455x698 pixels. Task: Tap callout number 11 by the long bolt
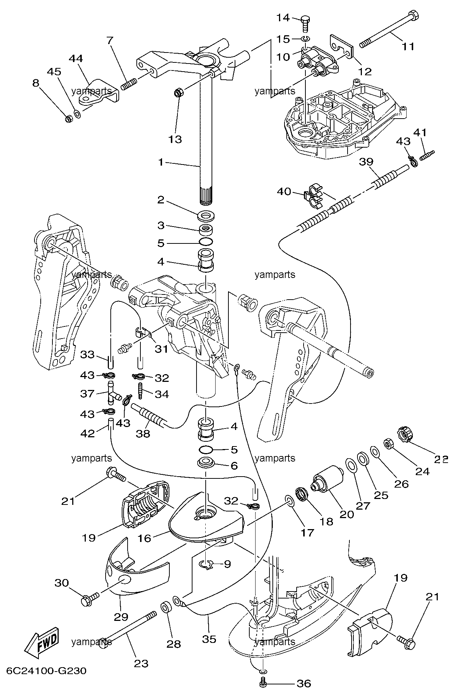click(x=408, y=47)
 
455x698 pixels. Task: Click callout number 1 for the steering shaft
click(x=161, y=162)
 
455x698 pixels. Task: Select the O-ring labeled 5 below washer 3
click(x=206, y=243)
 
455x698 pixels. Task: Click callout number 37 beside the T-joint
click(x=87, y=394)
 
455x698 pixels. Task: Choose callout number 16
click(x=144, y=538)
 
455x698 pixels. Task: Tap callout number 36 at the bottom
click(x=304, y=683)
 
